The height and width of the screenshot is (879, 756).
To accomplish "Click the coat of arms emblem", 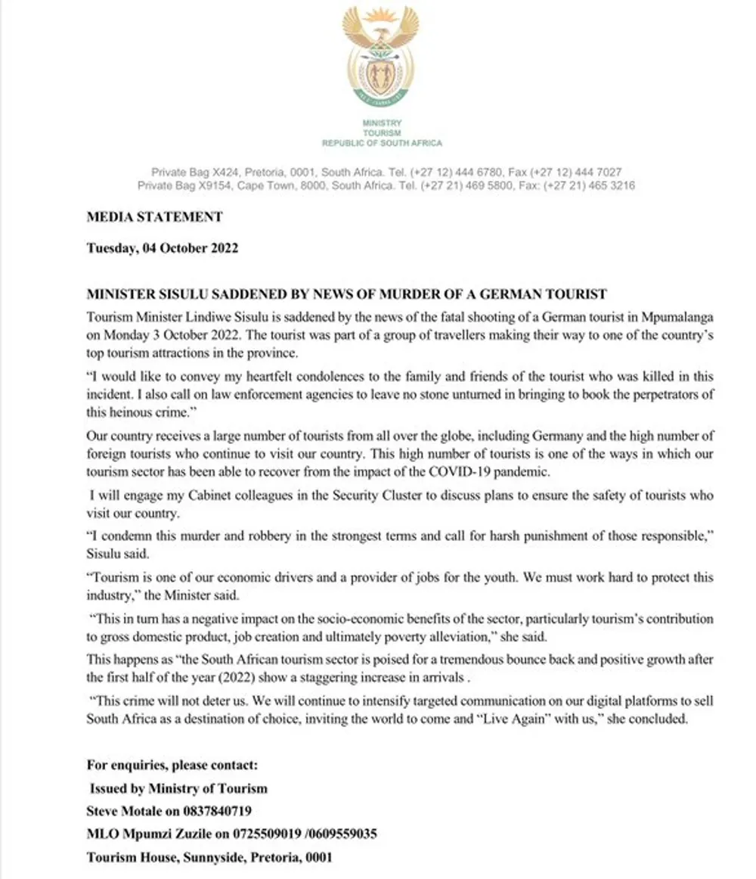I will pos(380,57).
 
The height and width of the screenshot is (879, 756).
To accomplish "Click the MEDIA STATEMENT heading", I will pos(155,217).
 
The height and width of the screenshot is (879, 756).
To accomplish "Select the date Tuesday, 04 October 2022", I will pos(163,247).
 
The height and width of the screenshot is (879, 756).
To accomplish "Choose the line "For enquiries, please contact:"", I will pos(172,765).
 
